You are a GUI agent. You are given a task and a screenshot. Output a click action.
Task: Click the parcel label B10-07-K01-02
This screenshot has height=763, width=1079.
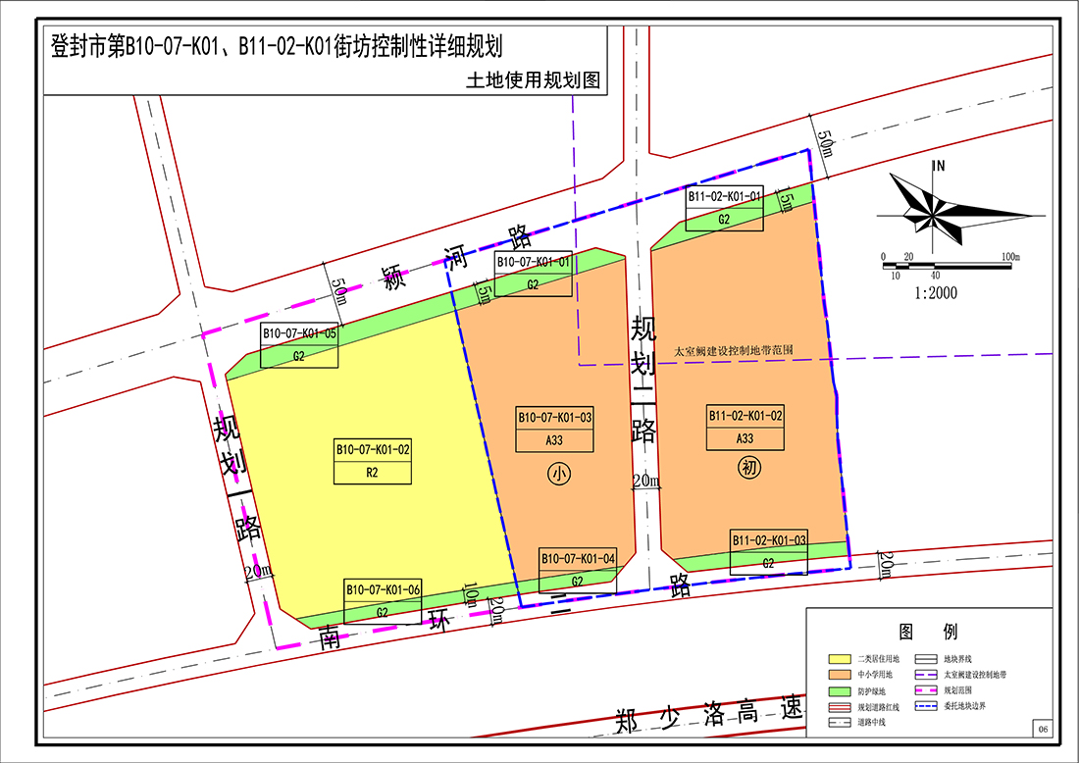click(373, 449)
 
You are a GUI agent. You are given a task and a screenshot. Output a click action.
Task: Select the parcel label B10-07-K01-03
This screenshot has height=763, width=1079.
click(555, 417)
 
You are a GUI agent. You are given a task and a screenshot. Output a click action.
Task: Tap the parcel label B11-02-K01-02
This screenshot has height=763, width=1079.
click(745, 415)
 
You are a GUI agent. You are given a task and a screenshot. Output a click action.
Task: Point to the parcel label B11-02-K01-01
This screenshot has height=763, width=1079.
click(724, 197)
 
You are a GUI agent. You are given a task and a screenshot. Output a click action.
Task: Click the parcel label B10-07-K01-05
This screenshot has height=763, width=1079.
click(299, 333)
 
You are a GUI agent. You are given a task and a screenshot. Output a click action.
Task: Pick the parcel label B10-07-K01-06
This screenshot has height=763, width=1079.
click(383, 589)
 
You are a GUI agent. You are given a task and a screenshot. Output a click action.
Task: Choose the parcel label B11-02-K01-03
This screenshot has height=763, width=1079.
click(769, 540)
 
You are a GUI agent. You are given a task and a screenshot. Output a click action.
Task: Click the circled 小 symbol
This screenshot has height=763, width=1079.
click(558, 475)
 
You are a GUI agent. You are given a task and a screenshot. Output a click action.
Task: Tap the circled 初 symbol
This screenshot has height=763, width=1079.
click(748, 469)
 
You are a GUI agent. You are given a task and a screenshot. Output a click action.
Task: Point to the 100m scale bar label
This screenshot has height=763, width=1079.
click(1010, 257)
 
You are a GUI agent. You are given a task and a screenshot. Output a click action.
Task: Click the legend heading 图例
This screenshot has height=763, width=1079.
click(928, 632)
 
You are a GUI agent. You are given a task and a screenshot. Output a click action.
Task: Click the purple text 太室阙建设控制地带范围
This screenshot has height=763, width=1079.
click(734, 350)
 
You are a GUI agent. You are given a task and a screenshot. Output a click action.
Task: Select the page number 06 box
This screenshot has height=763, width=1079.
click(1042, 729)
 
